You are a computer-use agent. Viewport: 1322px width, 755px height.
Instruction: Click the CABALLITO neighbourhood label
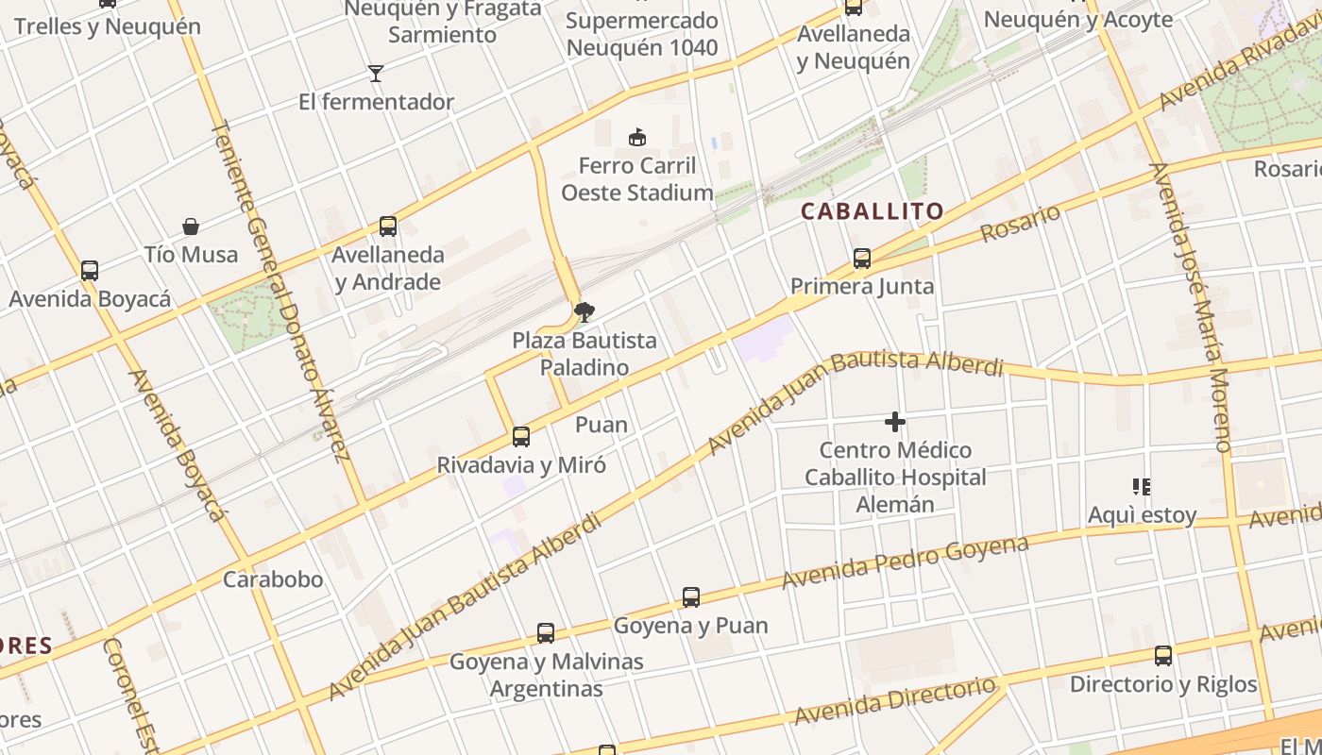pyautogui.click(x=872, y=211)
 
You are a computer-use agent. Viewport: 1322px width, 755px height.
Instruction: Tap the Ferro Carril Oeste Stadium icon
pyautogui.click(x=637, y=138)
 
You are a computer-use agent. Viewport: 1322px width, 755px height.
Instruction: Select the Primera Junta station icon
pyautogui.click(x=861, y=258)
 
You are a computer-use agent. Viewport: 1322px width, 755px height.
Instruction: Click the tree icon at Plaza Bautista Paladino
pyautogui.click(x=585, y=311)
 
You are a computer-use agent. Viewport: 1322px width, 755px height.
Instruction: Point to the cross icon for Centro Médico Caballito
pyautogui.click(x=895, y=422)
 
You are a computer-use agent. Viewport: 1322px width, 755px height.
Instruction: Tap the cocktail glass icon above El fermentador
pyautogui.click(x=376, y=74)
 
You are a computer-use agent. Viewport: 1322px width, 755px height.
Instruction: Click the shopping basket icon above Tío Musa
pyautogui.click(x=191, y=226)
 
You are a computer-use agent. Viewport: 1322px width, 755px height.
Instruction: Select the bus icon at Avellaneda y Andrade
pyautogui.click(x=387, y=226)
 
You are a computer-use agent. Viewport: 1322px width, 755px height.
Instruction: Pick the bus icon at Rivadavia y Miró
pyautogui.click(x=520, y=437)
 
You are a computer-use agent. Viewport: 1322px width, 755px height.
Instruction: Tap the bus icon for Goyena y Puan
pyautogui.click(x=691, y=597)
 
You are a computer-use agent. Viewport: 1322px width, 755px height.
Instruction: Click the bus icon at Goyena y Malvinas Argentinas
pyautogui.click(x=546, y=633)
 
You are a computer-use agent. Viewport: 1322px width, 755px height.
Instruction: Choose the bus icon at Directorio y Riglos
pyautogui.click(x=1163, y=656)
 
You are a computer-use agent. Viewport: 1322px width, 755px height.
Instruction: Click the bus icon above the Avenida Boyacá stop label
pyautogui.click(x=90, y=271)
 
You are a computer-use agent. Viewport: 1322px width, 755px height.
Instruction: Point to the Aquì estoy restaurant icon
pyautogui.click(x=1142, y=487)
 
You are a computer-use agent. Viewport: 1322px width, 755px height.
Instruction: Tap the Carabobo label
pyautogui.click(x=273, y=579)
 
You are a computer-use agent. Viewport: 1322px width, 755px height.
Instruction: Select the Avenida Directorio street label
pyautogui.click(x=894, y=701)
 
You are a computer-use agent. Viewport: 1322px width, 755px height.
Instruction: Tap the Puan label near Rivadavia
pyautogui.click(x=602, y=425)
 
